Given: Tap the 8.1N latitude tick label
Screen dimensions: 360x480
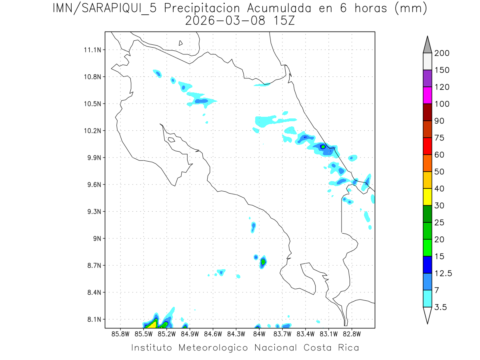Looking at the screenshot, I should [94, 320].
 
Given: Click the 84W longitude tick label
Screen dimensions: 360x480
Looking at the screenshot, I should [259, 333].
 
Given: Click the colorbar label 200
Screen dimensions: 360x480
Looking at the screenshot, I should [442, 53].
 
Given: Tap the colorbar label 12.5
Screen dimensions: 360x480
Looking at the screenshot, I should [443, 273].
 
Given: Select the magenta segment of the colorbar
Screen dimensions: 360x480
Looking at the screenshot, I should [427, 95].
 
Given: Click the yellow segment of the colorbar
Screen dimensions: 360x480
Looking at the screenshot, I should [427, 196].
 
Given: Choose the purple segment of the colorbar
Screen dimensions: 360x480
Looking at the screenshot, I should [427, 78].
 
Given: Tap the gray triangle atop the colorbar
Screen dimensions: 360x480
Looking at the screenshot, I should [427, 45].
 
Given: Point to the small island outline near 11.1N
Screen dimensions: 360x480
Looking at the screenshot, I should [181, 43].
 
